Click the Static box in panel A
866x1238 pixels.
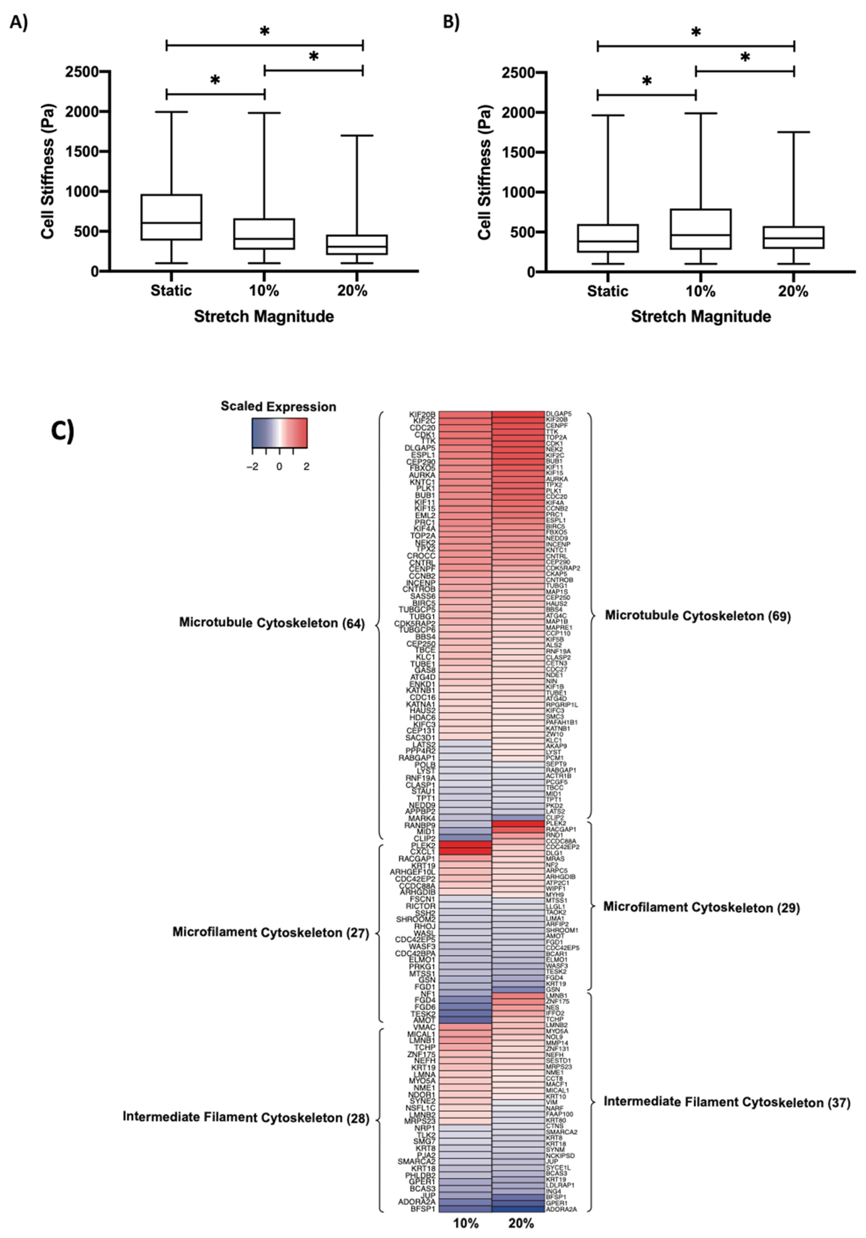(171, 217)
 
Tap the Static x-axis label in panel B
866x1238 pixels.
(607, 292)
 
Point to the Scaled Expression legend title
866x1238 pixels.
(278, 406)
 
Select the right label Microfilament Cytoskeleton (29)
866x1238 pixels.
(701, 907)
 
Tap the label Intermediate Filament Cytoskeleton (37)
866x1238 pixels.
(726, 1103)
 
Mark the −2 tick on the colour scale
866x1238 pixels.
(252, 467)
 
